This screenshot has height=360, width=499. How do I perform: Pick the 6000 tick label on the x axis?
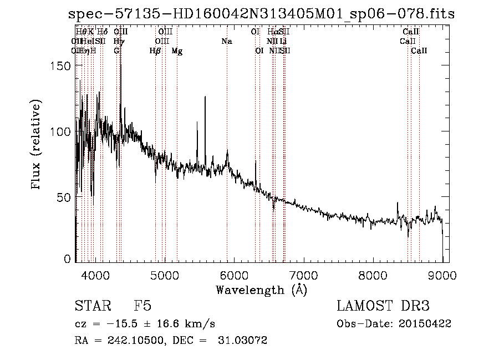[x=234, y=274]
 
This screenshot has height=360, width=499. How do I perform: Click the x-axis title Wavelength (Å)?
[x=261, y=290]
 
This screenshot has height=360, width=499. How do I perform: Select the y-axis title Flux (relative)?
[x=37, y=146]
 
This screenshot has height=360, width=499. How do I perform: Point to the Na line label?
[x=226, y=42]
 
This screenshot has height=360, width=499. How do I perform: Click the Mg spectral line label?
[x=177, y=51]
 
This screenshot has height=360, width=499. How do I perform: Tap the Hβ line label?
[x=155, y=51]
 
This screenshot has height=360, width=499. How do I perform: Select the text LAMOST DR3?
[x=383, y=306]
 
